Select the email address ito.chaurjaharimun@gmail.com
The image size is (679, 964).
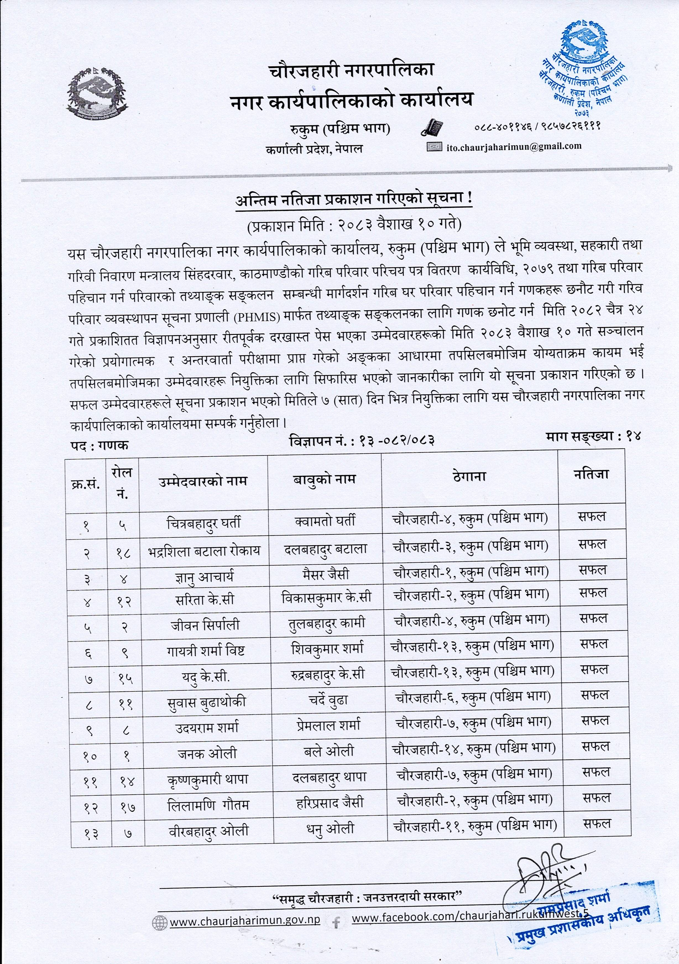click(513, 146)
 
